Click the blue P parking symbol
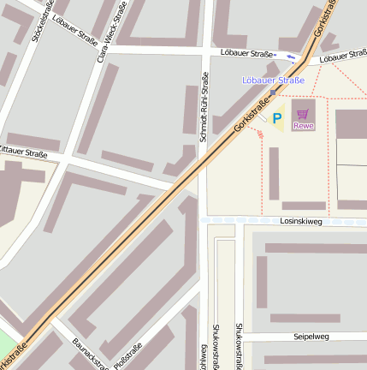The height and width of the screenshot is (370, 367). tap(277, 118)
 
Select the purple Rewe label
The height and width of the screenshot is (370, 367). tap(303, 126)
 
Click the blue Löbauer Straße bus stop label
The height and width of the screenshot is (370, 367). tap(273, 81)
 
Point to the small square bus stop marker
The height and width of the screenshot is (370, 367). tap(273, 92)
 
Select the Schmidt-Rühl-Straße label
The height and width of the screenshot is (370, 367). tap(204, 107)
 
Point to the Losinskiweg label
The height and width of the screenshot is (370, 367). tap(300, 221)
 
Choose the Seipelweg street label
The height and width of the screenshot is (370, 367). tap(311, 337)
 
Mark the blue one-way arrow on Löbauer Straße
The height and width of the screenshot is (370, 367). tap(292, 57)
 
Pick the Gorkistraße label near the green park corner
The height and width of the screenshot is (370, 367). tap(14, 356)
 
